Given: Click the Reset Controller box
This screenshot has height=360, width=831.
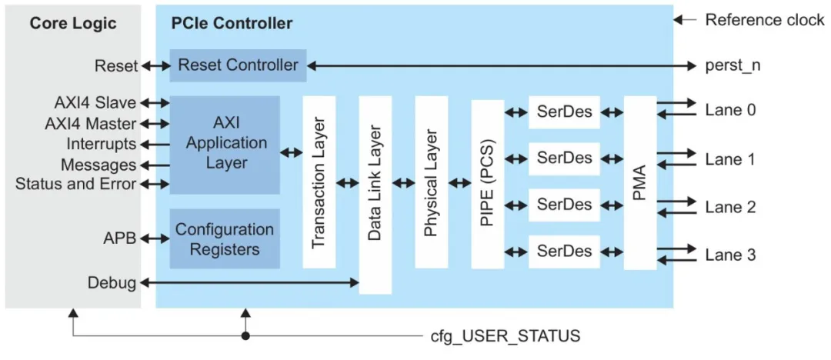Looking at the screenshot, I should pyautogui.click(x=238, y=65).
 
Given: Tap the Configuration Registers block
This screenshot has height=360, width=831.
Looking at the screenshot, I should pyautogui.click(x=225, y=238).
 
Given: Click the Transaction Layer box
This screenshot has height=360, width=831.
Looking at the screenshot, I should pyautogui.click(x=319, y=182).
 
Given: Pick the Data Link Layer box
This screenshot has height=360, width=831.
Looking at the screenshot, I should pyautogui.click(x=375, y=195).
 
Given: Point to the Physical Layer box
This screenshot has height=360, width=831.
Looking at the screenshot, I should pyautogui.click(x=431, y=182).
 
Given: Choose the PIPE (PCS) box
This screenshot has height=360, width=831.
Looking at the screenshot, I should pyautogui.click(x=487, y=182).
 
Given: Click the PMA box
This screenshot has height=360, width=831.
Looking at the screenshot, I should pyautogui.click(x=639, y=182).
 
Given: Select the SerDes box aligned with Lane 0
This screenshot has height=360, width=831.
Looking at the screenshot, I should pyautogui.click(x=564, y=112).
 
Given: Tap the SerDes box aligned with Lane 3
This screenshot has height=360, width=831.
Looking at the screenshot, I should pyautogui.click(x=564, y=252).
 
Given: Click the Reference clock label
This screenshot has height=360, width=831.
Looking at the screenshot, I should pyautogui.click(x=764, y=21).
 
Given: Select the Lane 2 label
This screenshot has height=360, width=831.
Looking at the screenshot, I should pyautogui.click(x=730, y=207).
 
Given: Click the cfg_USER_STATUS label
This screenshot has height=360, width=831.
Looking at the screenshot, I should pyautogui.click(x=506, y=337).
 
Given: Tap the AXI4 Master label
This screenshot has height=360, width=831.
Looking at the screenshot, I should pyautogui.click(x=95, y=124).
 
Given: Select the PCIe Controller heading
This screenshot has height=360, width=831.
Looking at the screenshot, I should pyautogui.click(x=232, y=23).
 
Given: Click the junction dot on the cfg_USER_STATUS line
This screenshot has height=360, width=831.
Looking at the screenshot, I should pyautogui.click(x=245, y=336).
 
